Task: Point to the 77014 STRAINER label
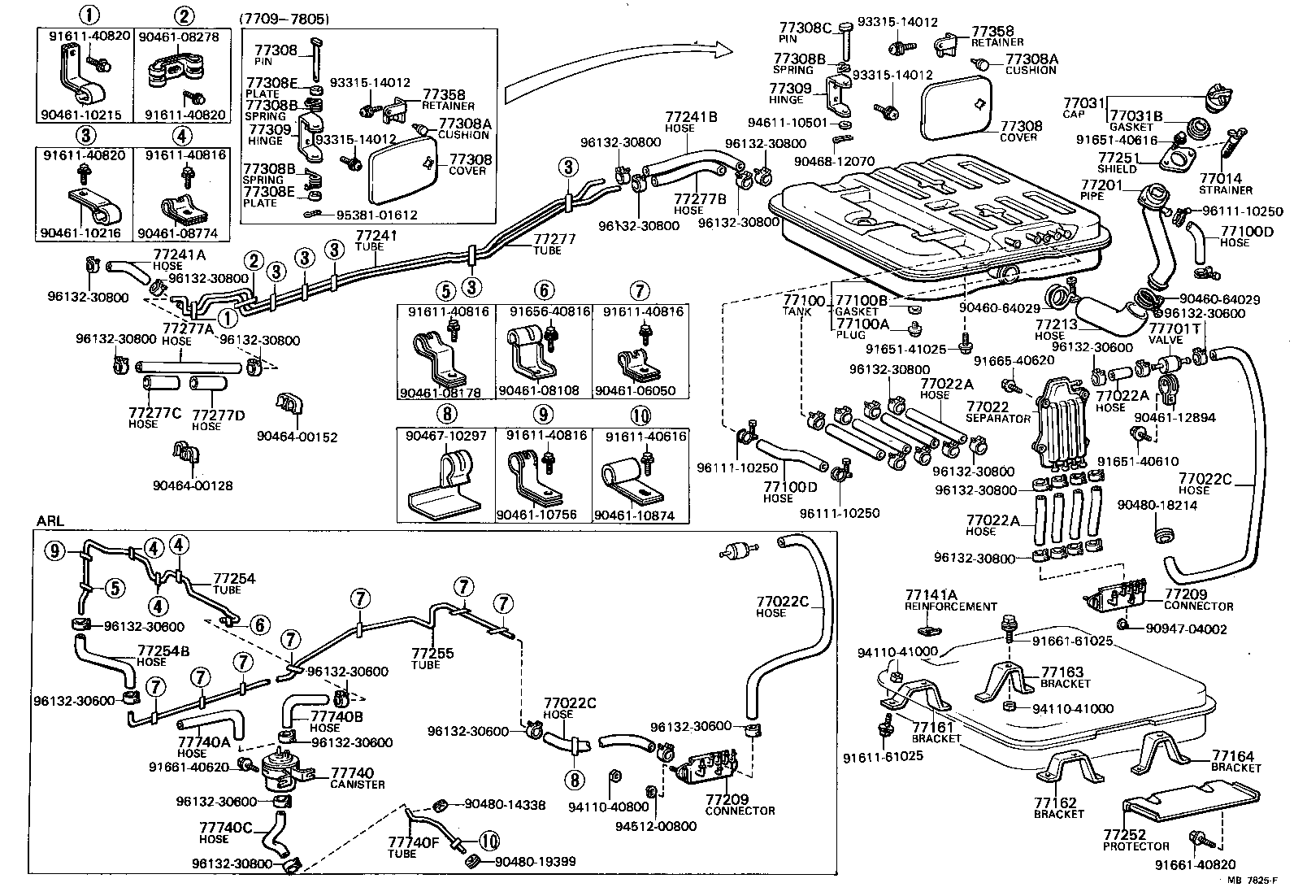click(1225, 183)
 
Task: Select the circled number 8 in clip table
click(446, 416)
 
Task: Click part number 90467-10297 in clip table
click(446, 436)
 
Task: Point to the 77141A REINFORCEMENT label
click(949, 600)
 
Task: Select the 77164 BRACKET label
click(1233, 760)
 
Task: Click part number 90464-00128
click(193, 485)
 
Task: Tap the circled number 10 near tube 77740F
click(490, 842)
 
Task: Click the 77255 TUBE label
click(432, 658)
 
